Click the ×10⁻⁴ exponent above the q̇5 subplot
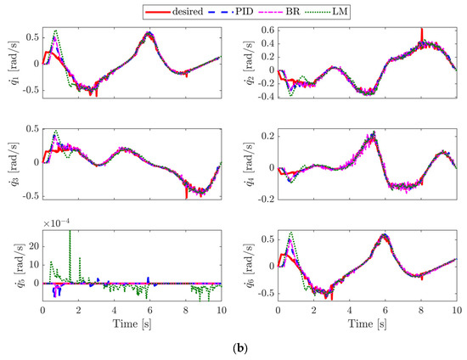(x=57, y=222)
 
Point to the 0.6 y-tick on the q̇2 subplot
(x=266, y=31)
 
